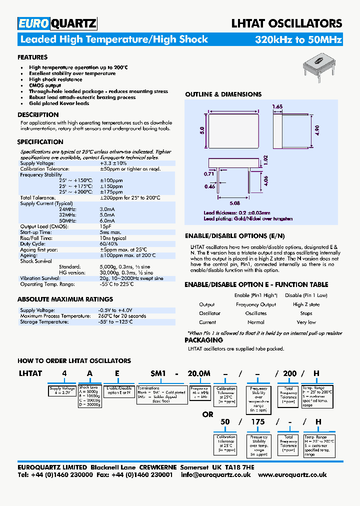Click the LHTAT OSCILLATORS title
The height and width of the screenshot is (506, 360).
286,23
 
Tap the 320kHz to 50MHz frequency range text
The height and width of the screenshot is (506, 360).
298,39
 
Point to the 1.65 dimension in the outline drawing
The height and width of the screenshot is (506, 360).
278,106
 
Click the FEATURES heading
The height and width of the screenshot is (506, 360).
32,57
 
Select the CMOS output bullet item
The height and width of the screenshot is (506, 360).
44,85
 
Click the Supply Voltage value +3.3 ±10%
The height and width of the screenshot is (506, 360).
113,163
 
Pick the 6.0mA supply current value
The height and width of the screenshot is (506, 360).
107,220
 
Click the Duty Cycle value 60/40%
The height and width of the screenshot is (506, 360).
109,243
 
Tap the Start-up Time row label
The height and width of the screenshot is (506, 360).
36,232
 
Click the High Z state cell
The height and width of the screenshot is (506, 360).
306,304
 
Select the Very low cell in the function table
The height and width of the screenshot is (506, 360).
306,322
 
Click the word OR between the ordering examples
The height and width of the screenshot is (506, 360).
208,414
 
